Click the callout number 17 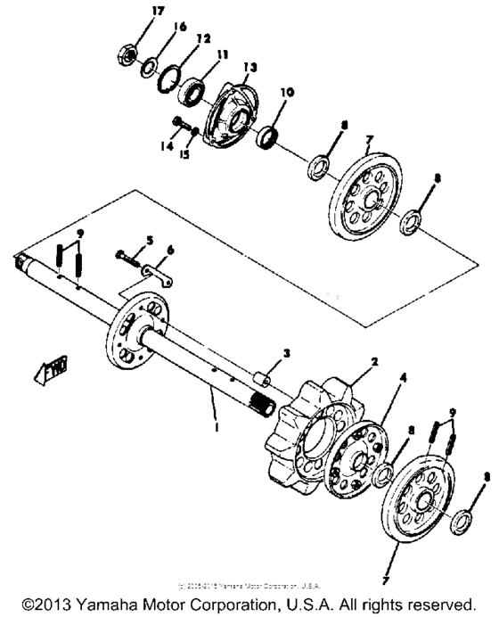(133, 11)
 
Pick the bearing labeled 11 (191, 91)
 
